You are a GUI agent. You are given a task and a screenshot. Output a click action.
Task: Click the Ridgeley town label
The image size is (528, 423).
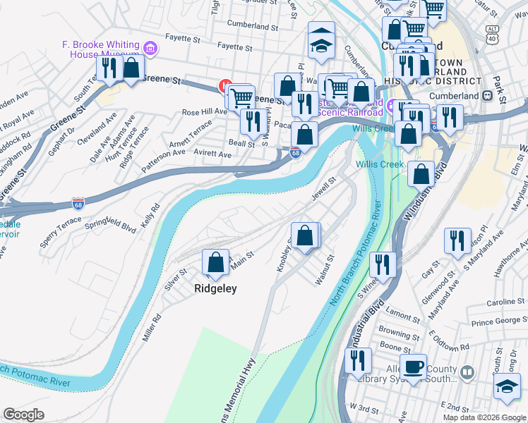coord(215,288)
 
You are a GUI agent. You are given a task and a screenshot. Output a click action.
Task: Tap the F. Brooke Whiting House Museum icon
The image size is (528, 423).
coord(149,48)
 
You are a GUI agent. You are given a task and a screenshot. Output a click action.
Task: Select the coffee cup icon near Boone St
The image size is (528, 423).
coord(414,367)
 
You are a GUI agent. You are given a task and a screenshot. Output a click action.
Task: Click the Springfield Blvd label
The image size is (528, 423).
coord(110,225)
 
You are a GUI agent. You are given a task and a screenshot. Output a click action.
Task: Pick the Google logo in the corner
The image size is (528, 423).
coord(23,415)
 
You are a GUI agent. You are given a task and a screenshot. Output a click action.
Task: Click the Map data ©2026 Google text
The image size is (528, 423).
coord(484,417)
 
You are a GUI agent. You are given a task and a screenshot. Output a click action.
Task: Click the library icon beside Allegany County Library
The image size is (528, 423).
coord(467,372)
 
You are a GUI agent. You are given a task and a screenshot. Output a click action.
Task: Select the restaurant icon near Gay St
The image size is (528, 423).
coord(457,241)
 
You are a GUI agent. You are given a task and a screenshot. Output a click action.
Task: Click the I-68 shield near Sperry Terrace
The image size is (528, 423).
coord(78,204)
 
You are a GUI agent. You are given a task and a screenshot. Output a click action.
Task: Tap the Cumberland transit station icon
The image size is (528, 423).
coord(488,95)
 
